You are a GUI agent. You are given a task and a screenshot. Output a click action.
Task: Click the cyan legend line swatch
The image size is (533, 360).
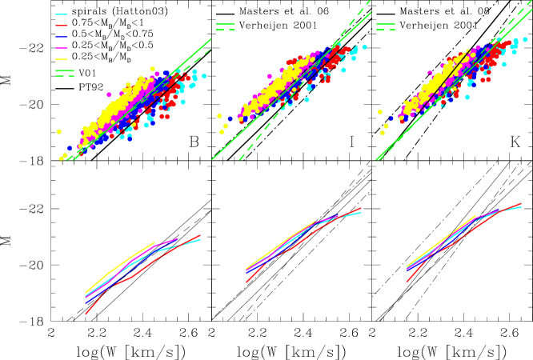point(61,14)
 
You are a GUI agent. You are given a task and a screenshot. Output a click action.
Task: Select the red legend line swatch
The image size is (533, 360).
point(61,26)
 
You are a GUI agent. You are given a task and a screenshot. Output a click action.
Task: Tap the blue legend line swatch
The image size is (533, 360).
point(61,37)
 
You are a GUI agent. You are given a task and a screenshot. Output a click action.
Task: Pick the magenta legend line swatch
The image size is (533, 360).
point(61,48)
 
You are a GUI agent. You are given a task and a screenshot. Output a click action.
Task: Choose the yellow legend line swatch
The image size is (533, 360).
point(61,59)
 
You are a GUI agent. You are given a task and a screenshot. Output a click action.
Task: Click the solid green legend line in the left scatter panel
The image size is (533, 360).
point(65,70)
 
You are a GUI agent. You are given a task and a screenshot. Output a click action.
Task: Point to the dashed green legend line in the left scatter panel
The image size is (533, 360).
point(65,77)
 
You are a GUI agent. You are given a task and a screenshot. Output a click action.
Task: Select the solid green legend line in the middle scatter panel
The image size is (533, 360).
point(225,24)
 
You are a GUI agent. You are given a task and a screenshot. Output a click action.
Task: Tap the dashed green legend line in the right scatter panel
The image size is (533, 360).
point(385,30)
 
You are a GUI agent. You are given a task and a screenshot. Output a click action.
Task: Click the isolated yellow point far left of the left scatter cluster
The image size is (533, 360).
point(58,131)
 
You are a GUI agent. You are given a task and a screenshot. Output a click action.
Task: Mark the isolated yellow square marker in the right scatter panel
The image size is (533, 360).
point(379,112)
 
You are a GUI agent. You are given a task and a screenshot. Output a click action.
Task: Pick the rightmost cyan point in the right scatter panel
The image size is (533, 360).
point(525,39)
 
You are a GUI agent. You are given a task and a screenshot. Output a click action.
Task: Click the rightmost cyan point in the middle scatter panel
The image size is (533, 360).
point(364,47)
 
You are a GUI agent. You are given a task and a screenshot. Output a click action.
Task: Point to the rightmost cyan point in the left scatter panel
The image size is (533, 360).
point(204,76)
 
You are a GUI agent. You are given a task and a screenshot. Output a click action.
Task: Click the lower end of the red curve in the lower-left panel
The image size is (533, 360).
point(86,314)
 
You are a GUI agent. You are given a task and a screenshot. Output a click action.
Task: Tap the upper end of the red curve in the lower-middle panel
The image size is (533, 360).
point(361,208)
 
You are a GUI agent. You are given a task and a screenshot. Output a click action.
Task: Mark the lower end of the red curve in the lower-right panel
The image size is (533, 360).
point(407,282)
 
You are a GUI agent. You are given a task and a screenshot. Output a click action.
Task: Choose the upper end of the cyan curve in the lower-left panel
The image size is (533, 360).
point(201,238)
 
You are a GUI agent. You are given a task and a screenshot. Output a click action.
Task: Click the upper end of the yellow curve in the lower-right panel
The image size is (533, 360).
point(475,215)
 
